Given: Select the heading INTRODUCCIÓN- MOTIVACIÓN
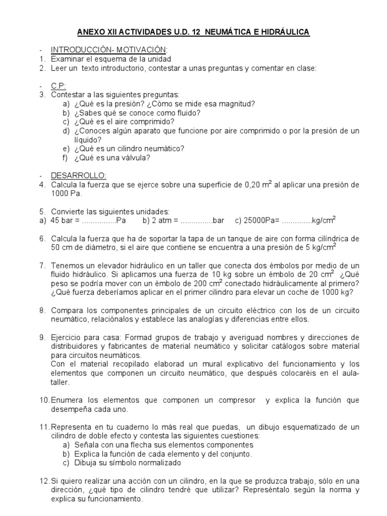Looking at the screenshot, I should click(108, 49).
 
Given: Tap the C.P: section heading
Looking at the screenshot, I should click(58, 86).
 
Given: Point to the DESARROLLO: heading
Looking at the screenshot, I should click(78, 175).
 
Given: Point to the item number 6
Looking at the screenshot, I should click(42, 238).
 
